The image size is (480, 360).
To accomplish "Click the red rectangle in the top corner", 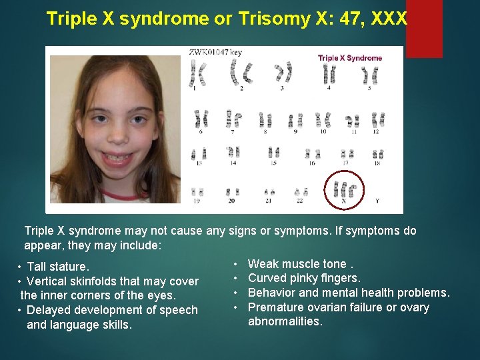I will pyautogui.click(x=424, y=28).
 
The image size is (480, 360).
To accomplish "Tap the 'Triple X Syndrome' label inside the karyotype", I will pyautogui.click(x=350, y=58).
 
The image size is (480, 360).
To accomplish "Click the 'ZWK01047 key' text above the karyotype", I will pyautogui.click(x=215, y=51).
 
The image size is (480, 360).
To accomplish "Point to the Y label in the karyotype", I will pyautogui.click(x=377, y=200).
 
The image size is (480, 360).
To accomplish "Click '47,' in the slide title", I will pyautogui.click(x=339, y=19).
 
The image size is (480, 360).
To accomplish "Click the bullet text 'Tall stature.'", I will pyautogui.click(x=57, y=267).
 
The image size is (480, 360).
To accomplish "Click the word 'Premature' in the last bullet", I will pyautogui.click(x=274, y=307).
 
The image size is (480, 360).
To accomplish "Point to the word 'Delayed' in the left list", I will pyautogui.click(x=48, y=310).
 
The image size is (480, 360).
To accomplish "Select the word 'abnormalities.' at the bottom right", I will pyautogui.click(x=285, y=321).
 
